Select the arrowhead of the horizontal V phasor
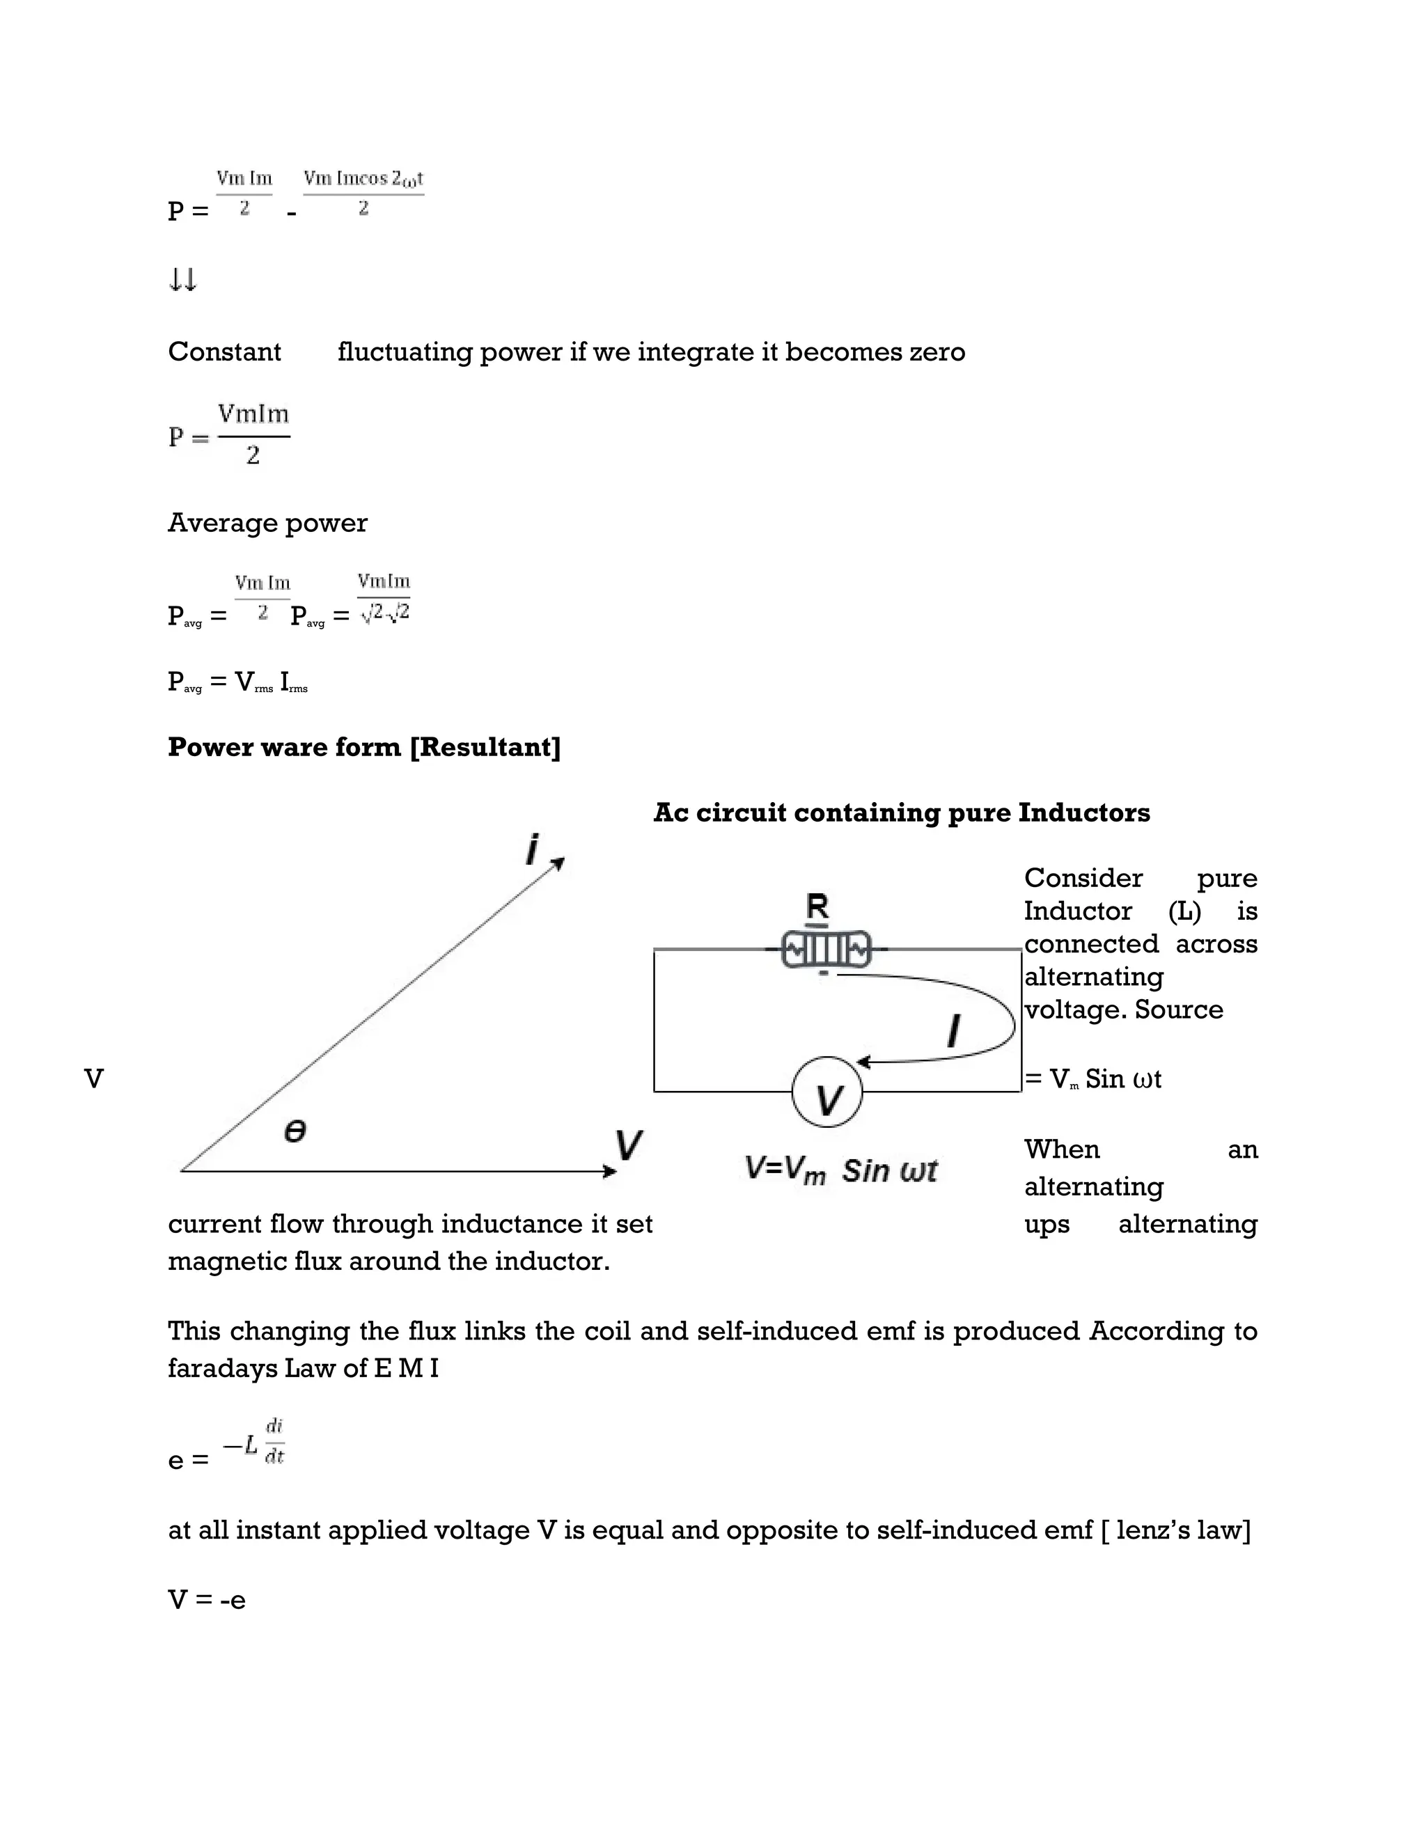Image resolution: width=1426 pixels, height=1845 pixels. pyautogui.click(x=610, y=1171)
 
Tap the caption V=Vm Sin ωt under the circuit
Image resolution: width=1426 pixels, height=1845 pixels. pyautogui.click(x=840, y=1171)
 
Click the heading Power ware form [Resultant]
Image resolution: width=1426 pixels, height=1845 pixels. pyautogui.click(x=364, y=747)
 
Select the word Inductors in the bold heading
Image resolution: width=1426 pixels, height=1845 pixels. pyautogui.click(x=1084, y=812)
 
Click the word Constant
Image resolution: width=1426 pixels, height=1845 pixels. pyautogui.click(x=224, y=352)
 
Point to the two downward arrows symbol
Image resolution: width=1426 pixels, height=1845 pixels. pyautogui.click(x=182, y=280)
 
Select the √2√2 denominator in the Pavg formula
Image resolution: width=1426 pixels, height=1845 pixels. pyautogui.click(x=384, y=613)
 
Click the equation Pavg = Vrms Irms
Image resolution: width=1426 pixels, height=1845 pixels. pyautogui.click(x=237, y=682)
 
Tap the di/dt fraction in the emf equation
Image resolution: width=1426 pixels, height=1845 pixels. pyautogui.click(x=274, y=1441)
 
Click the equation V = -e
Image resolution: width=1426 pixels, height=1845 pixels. pyautogui.click(x=207, y=1600)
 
